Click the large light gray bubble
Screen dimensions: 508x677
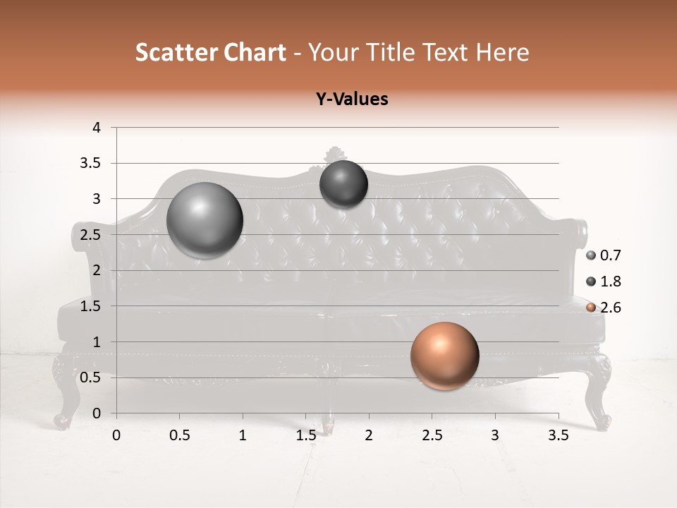coord(205,220)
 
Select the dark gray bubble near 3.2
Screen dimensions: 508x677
coord(343,184)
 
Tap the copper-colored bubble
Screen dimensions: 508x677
coord(444,356)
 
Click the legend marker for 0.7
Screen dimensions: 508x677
coord(591,255)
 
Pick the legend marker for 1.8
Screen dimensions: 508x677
coord(591,282)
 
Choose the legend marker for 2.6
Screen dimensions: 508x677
coord(591,307)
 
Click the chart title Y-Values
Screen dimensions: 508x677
coord(352,99)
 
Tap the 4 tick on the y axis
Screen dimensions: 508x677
coord(97,128)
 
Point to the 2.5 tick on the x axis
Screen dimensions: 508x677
coord(432,435)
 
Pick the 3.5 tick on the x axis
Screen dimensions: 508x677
coord(558,435)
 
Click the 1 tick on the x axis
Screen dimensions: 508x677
coord(243,435)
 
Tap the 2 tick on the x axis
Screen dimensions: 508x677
coord(369,435)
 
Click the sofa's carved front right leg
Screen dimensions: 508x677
coord(601,395)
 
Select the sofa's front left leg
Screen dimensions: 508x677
coord(65,395)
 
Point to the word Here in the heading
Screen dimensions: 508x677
coord(502,52)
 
